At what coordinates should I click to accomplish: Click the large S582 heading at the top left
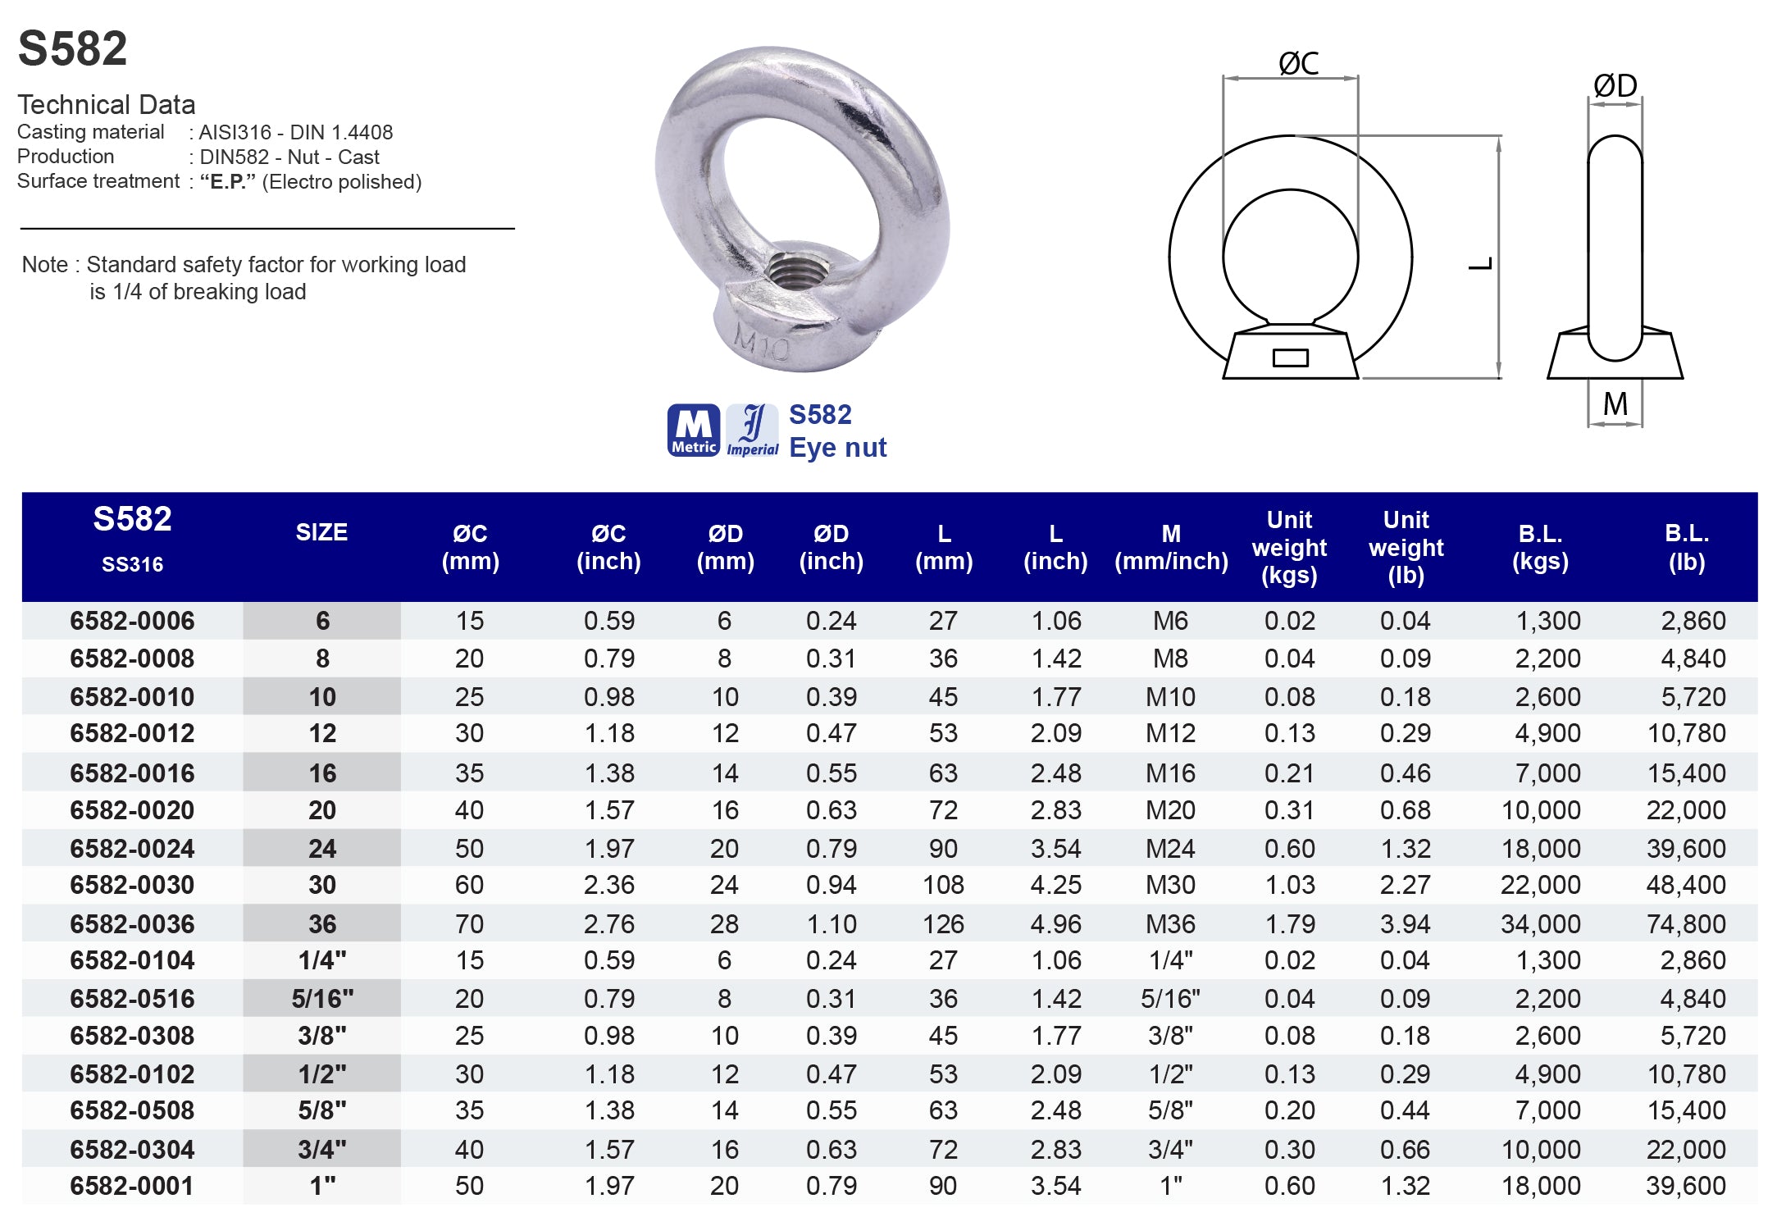pos(72,48)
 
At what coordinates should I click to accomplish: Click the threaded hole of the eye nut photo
pos(793,271)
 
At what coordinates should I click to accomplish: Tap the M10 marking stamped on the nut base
pos(761,343)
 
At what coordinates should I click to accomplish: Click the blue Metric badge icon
pos(693,430)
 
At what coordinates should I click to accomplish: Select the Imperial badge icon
pos(752,430)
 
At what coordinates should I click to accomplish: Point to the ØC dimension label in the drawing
pos(1298,63)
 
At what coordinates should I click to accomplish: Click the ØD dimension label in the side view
pos(1615,85)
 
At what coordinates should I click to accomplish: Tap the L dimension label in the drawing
pos(1481,263)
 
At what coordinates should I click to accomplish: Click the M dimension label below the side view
pos(1615,403)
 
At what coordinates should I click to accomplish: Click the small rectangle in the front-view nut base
pos(1290,358)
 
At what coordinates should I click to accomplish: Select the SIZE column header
pos(321,532)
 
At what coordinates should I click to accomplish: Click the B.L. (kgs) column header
pos(1540,547)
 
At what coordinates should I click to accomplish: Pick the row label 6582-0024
pos(132,848)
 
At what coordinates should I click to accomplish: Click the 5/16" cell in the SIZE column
pos(322,998)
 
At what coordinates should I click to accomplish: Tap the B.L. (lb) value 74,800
pos(1685,923)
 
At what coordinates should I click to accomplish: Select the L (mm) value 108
pos(943,885)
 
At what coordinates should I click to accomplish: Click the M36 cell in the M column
pos(1170,923)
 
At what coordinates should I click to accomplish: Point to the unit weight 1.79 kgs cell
pos(1289,923)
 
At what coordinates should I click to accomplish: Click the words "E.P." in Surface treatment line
pos(227,181)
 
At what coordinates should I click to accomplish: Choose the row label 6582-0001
pos(132,1185)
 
